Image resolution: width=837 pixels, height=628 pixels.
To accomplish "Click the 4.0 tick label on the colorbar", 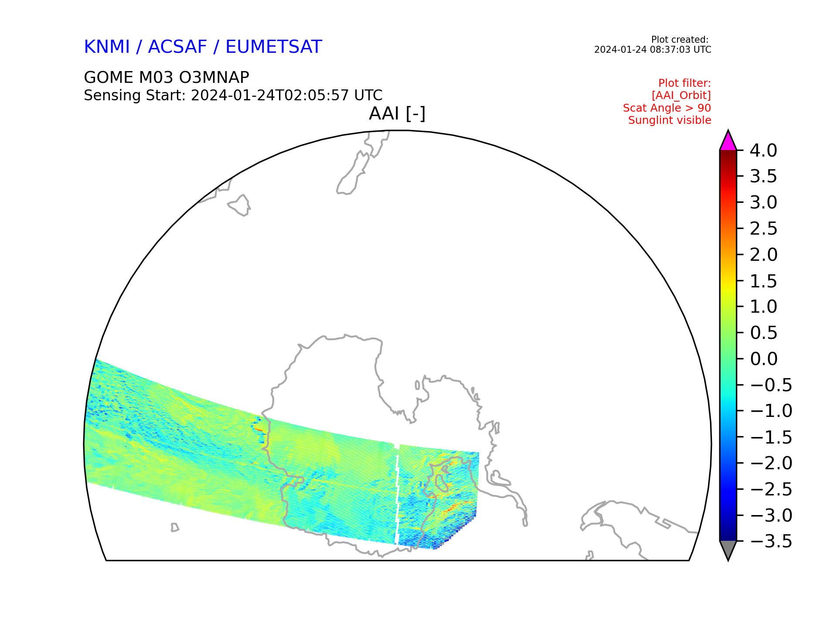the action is point(763,150).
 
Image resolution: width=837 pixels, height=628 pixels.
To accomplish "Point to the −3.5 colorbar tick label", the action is point(771,541).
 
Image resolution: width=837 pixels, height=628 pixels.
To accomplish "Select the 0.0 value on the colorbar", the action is point(764,359).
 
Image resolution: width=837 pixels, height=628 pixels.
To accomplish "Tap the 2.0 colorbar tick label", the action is point(764,255).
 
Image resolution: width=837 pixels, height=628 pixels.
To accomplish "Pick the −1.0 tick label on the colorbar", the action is point(771,411).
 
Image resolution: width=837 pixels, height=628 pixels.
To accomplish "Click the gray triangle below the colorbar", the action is point(728,549).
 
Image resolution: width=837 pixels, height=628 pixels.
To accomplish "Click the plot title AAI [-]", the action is point(397,114).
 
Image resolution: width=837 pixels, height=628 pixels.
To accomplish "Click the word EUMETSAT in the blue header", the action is point(274,47).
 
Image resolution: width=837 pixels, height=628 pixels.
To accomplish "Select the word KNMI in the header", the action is point(107,47).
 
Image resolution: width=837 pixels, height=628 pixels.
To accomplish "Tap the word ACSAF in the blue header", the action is point(177,47).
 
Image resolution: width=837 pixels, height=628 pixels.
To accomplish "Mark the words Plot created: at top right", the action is point(680,40).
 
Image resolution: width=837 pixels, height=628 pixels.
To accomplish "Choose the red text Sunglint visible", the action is point(670,120).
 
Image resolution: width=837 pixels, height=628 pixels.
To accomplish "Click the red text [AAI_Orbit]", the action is point(681,96).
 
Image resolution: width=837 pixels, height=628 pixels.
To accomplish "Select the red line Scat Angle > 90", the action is point(667,108).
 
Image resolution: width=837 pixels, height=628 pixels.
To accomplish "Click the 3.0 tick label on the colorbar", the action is point(764,202).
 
